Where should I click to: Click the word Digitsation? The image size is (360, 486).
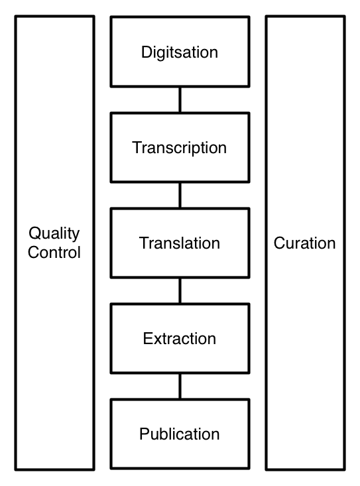click(180, 52)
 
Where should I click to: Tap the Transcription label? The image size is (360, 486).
click(180, 148)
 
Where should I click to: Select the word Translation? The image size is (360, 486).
click(180, 243)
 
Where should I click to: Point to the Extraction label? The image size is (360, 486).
click(180, 338)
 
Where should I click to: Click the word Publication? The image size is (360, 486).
click(180, 434)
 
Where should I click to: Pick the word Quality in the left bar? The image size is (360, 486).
click(54, 233)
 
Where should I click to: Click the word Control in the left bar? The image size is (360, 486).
click(54, 253)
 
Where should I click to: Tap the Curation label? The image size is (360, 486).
click(304, 243)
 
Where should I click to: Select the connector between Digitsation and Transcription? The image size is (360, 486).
click(180, 100)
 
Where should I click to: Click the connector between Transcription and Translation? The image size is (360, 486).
click(180, 196)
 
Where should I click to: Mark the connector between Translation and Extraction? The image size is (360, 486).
click(180, 290)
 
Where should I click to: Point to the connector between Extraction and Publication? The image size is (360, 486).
click(180, 386)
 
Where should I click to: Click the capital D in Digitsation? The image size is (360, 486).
click(147, 52)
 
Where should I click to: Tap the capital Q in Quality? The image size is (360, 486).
click(35, 233)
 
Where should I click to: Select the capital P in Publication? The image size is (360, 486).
click(145, 434)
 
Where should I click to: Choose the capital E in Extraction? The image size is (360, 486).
click(148, 338)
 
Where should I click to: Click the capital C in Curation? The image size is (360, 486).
click(280, 243)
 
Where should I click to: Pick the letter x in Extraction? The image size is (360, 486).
click(158, 340)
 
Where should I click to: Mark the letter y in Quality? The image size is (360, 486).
click(76, 236)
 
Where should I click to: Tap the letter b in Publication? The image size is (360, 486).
click(166, 434)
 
